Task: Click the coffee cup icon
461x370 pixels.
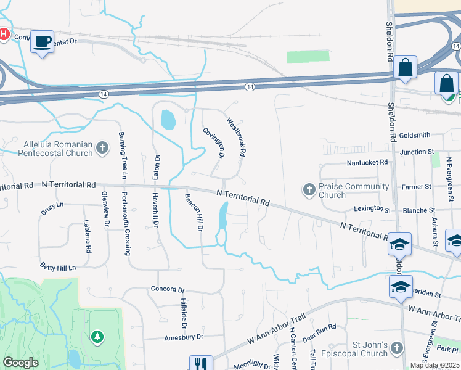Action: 42,42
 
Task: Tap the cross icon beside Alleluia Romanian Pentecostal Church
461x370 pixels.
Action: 102,148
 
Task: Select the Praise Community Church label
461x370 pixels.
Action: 354,191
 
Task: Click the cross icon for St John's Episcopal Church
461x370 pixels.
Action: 398,348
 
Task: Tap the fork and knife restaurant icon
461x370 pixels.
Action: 200,364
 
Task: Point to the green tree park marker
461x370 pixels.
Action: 96,337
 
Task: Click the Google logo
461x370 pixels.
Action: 20,363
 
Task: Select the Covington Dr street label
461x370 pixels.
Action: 213,142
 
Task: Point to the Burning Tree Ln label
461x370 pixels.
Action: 123,155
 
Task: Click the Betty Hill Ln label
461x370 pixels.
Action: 58,268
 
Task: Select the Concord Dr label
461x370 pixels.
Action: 168,289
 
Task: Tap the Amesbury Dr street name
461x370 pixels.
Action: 183,337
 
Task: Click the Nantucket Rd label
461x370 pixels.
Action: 367,162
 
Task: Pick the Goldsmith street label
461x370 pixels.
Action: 415,134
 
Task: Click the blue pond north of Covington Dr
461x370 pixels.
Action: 167,120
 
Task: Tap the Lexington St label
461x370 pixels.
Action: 373,210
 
